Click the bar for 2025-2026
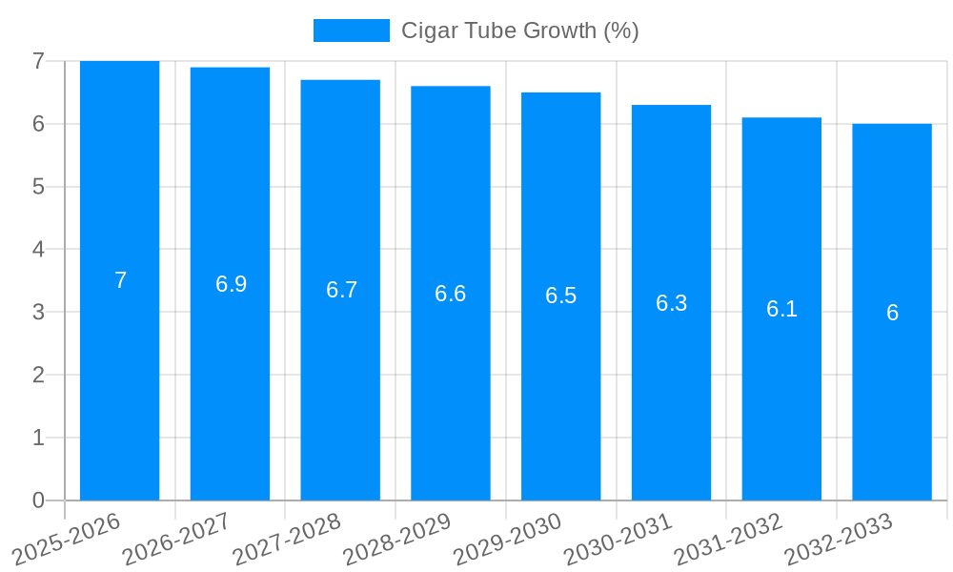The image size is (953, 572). (x=119, y=381)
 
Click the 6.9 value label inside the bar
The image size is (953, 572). (x=231, y=284)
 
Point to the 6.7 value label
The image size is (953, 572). (x=341, y=291)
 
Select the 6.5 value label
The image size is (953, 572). (x=560, y=296)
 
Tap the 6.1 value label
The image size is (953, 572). (x=781, y=309)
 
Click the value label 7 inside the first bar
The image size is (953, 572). (x=120, y=281)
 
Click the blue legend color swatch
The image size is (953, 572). (x=351, y=31)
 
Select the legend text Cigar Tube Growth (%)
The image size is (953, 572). (x=519, y=31)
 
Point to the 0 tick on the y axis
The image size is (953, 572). (x=38, y=500)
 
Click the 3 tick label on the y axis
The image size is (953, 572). (x=38, y=312)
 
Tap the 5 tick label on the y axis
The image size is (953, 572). (x=38, y=187)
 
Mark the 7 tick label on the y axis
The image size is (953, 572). (x=38, y=61)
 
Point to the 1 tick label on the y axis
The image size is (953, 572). (x=38, y=438)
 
